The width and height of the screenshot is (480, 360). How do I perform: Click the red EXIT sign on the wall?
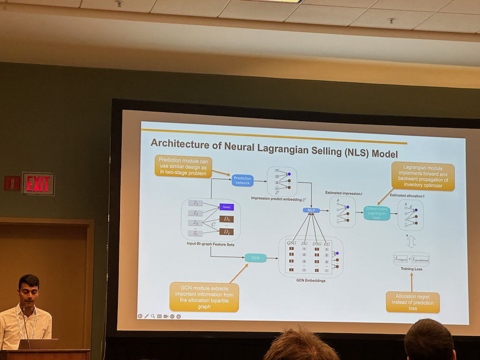click(38, 183)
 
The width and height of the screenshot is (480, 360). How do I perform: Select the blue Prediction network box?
click(242, 181)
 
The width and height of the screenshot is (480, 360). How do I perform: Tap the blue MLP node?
click(311, 211)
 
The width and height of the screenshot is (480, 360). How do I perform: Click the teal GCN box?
click(256, 258)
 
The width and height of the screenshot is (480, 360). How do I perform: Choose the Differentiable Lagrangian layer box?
click(377, 213)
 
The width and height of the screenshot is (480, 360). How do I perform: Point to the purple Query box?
click(227, 207)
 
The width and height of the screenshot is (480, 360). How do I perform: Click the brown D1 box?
click(227, 219)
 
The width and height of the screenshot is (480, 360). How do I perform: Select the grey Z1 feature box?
click(196, 203)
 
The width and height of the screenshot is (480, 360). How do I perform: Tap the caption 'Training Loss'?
click(411, 269)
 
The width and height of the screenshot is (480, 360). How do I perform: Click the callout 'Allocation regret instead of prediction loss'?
click(412, 302)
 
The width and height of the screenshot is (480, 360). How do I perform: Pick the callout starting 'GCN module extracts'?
click(204, 297)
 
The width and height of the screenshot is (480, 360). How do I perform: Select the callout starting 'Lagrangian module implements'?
click(423, 177)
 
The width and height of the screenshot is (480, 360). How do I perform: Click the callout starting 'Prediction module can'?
click(183, 166)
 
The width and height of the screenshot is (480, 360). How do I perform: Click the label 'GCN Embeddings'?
click(310, 280)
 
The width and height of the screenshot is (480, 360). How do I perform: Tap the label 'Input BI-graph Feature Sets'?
click(210, 243)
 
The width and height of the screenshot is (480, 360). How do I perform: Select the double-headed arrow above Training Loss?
click(411, 242)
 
